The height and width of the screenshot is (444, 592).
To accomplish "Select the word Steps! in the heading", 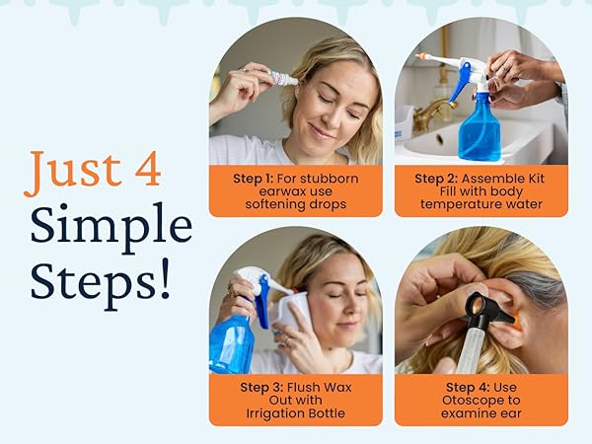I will [x=100, y=280].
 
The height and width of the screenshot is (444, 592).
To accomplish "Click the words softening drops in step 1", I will [x=296, y=204].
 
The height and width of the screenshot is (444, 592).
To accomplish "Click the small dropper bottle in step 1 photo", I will [x=281, y=77].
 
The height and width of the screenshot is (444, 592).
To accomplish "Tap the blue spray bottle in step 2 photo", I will [x=480, y=128].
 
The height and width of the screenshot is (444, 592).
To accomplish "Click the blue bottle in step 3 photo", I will [x=234, y=340].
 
